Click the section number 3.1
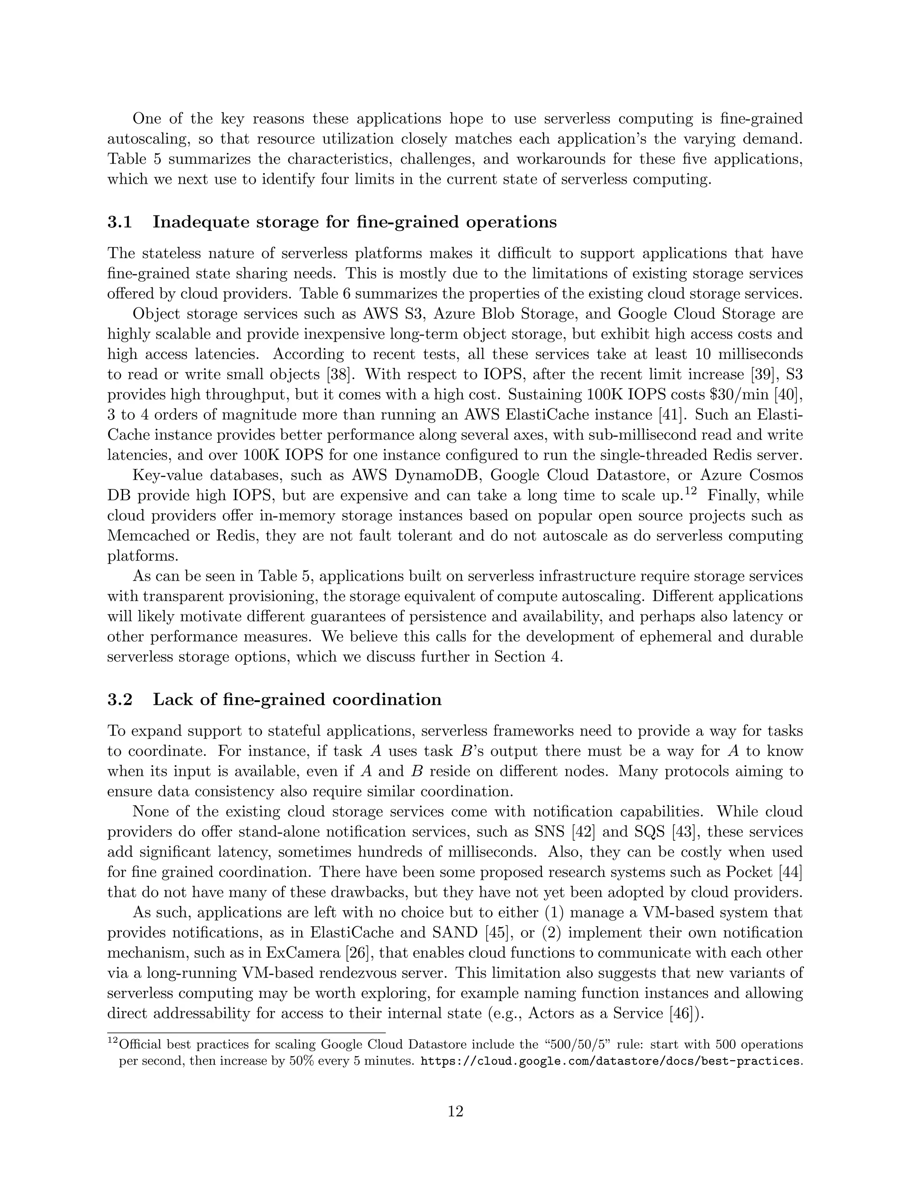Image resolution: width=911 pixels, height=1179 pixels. pos(119,222)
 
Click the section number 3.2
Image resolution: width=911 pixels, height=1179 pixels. pos(119,700)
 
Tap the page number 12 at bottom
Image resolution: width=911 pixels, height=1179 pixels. pos(455,1111)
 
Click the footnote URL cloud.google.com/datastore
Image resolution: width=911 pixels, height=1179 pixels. pos(609,1061)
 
